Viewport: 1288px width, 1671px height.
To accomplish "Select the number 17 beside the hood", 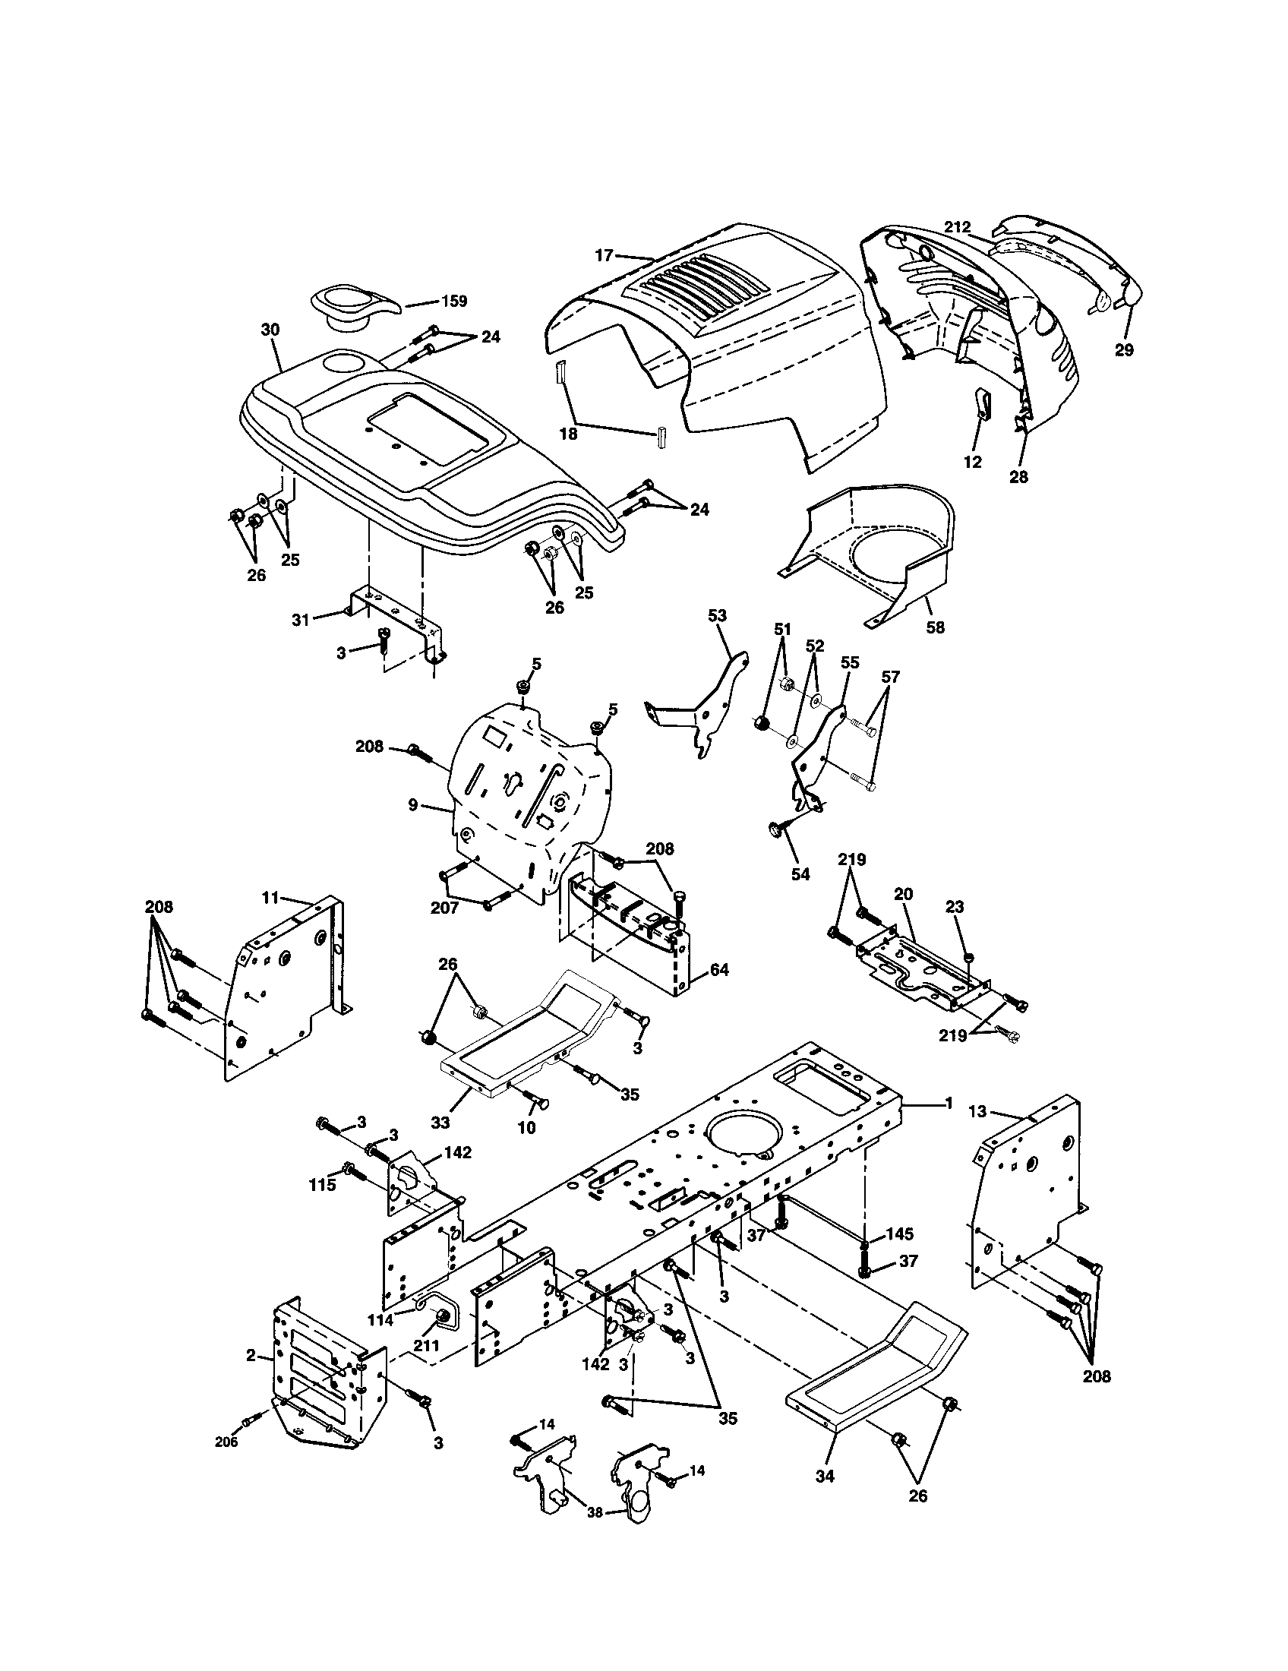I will click(x=605, y=254).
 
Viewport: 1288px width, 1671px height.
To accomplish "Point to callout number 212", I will click(x=957, y=227).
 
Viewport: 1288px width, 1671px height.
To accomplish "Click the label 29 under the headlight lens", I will click(x=1123, y=349).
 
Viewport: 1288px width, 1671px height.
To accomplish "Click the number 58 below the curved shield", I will click(x=935, y=627).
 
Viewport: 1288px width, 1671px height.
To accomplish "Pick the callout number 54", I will click(x=800, y=873).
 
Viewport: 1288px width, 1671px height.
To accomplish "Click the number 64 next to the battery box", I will click(x=718, y=970).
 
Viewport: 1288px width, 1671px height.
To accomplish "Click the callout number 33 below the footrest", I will click(x=440, y=1123).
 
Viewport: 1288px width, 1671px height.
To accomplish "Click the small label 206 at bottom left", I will click(x=226, y=1442).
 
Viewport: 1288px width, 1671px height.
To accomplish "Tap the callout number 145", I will click(x=898, y=1235).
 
